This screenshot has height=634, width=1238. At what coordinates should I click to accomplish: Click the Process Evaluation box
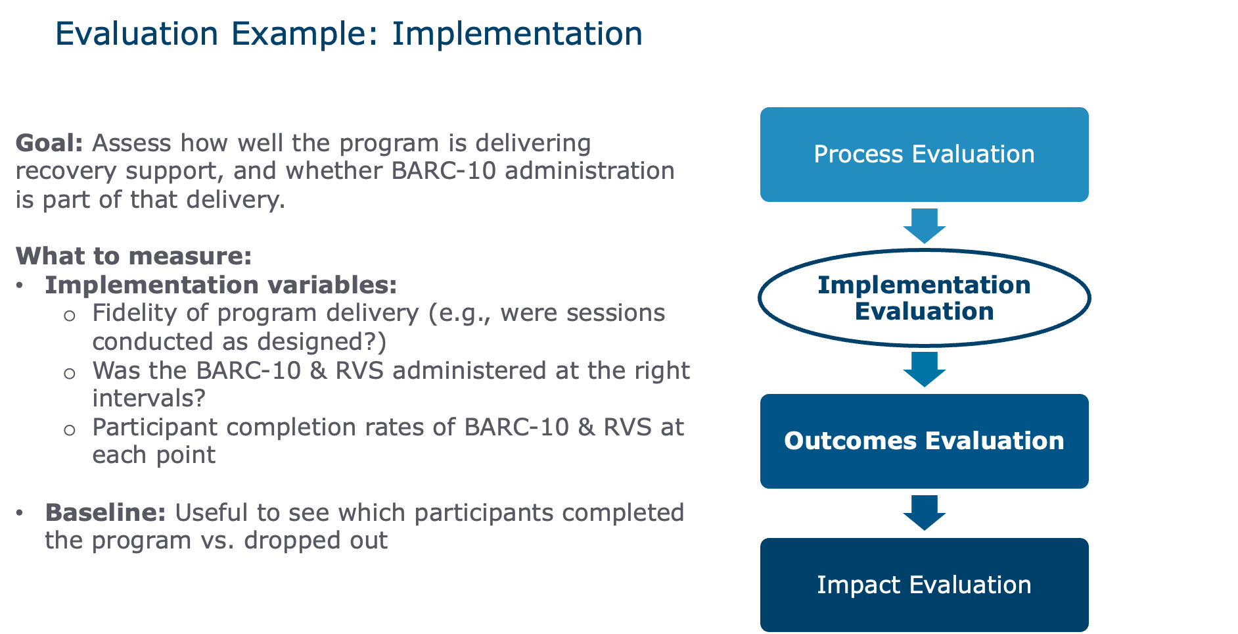[x=924, y=155]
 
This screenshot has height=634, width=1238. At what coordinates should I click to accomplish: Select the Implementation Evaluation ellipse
[x=924, y=298]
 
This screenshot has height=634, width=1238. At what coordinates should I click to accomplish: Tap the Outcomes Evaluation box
[x=924, y=441]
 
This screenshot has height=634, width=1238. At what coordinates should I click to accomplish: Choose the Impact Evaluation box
[x=924, y=585]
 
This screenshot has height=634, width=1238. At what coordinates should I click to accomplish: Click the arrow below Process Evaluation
[x=924, y=226]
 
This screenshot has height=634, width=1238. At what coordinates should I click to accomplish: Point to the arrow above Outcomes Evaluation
[x=924, y=369]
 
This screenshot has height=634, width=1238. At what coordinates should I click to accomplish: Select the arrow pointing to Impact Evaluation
[x=924, y=512]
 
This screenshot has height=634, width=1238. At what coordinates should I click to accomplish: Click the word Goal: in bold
[x=49, y=143]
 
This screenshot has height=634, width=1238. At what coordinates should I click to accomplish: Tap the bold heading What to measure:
[x=133, y=256]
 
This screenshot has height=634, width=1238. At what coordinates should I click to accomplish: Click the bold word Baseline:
[x=105, y=512]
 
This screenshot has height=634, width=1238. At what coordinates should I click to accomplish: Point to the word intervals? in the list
[x=149, y=399]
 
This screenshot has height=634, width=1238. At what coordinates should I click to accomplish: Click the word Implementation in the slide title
[x=516, y=34]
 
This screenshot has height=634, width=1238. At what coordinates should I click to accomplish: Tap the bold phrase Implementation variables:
[x=220, y=285]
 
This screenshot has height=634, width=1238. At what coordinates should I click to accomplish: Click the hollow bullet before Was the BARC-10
[x=70, y=374]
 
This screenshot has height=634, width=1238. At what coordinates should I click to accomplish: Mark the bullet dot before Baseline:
[x=20, y=512]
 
